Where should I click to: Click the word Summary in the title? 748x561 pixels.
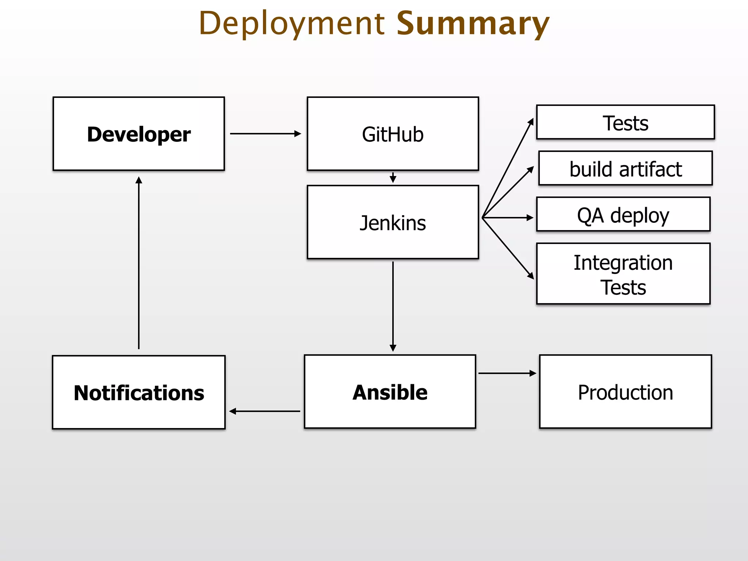(x=473, y=24)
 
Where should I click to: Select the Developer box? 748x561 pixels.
(x=139, y=134)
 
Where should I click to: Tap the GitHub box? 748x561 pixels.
(x=393, y=134)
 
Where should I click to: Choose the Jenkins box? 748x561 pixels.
(x=393, y=222)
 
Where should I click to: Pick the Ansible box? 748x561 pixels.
(x=390, y=392)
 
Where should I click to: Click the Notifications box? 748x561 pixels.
(x=139, y=393)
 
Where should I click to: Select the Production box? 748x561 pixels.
(x=625, y=392)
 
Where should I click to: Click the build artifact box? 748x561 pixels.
(x=625, y=169)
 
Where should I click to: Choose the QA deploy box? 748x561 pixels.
(x=623, y=215)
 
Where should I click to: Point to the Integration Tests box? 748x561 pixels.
(x=623, y=274)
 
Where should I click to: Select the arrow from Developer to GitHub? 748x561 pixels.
(x=265, y=134)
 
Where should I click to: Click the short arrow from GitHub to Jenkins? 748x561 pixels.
(x=393, y=178)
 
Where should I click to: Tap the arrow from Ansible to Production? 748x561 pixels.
(x=507, y=373)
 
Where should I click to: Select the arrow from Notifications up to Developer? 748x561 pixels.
(x=139, y=263)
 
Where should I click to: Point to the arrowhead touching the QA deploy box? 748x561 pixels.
(x=530, y=218)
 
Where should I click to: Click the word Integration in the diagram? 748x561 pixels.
(x=623, y=263)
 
